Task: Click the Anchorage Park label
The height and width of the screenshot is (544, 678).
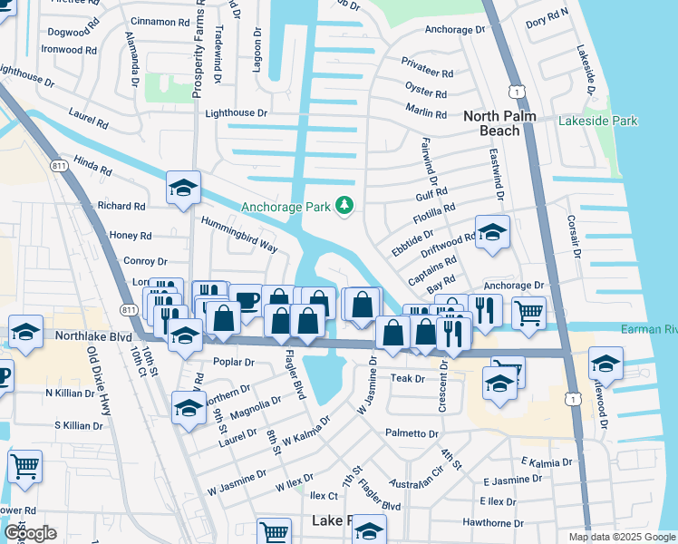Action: pos(284,207)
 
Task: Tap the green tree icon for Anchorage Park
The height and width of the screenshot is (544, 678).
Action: pos(344,207)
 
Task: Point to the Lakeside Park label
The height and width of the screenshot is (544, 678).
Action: pos(598,121)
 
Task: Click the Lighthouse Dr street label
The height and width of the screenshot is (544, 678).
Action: pos(237,113)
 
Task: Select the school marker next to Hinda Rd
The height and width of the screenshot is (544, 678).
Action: pos(183,189)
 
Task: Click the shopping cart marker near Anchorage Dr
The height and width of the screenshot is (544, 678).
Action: pos(529,313)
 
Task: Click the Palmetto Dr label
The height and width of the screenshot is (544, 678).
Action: pos(411,433)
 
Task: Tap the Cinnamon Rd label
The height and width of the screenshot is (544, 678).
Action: pos(159,21)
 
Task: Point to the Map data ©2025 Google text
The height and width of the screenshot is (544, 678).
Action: pos(621,537)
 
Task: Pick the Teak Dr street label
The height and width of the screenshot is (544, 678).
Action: pos(408,378)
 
